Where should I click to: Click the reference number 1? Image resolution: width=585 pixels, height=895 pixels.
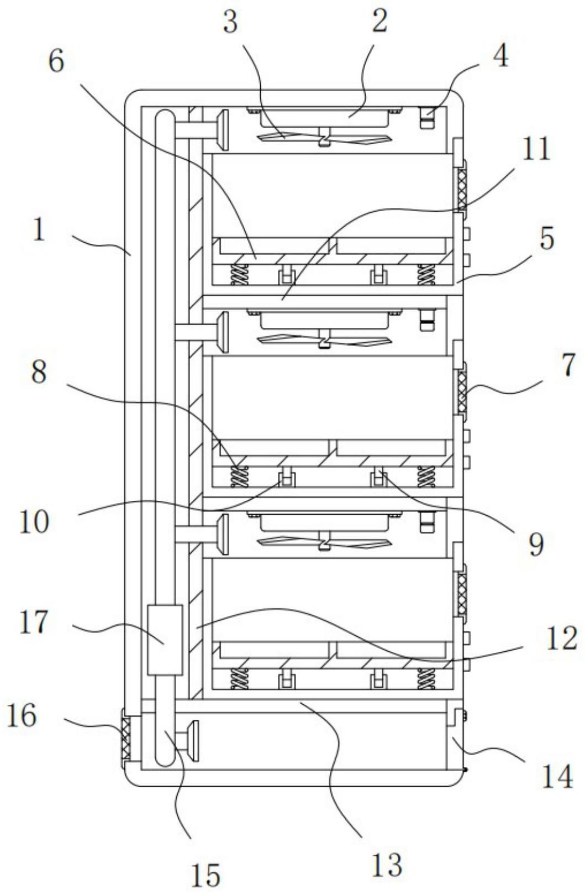[x=38, y=229]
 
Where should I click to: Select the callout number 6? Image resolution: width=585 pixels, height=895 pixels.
[x=56, y=61]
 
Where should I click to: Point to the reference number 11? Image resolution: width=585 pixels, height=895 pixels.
[x=535, y=149]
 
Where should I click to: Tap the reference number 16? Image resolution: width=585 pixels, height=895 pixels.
[x=22, y=716]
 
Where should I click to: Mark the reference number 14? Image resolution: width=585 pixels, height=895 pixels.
[x=557, y=777]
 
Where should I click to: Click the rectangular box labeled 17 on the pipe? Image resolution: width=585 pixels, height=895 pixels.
[x=165, y=640]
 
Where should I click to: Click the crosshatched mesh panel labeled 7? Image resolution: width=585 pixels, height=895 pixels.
[x=461, y=392]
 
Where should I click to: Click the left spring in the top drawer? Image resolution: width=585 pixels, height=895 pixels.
[x=240, y=275]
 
